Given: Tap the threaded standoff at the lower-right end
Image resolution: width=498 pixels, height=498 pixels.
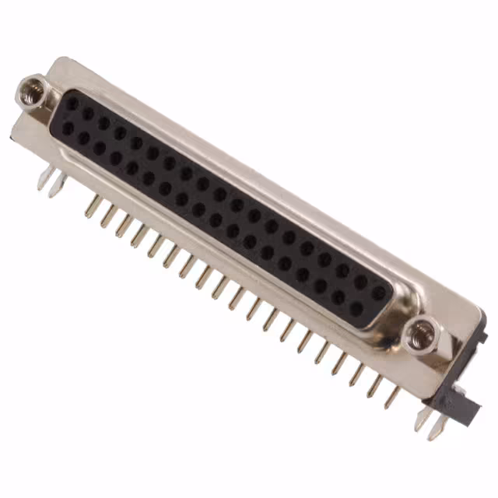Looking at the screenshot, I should coord(423,334).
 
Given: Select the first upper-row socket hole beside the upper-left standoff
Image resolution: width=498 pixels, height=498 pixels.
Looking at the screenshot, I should coord(72,103).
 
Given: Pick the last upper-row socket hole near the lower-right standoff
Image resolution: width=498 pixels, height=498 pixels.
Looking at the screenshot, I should coord(378,293).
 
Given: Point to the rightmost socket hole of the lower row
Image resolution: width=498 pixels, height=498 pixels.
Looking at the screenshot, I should coord(356,309).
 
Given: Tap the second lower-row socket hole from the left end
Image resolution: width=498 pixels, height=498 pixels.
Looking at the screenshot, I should coord(83,138).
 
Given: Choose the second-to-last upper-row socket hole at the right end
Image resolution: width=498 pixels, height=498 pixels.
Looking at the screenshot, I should coord(360,282).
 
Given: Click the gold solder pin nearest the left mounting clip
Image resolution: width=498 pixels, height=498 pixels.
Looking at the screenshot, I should coord(92,207).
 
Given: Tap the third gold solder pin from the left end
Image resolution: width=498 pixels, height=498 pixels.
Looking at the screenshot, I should coord(123,226).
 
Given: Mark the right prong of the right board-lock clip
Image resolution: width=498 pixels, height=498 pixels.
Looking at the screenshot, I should coord(440,426).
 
